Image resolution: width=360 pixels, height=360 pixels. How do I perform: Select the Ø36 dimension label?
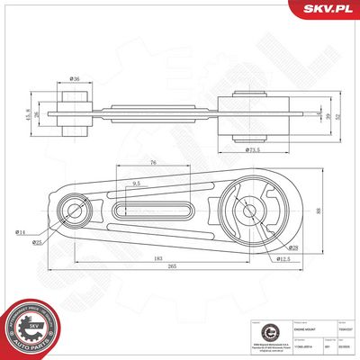point(75,78)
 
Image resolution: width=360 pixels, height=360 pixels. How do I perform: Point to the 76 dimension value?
point(155,163)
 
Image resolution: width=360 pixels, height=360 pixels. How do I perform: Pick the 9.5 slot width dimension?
point(136,184)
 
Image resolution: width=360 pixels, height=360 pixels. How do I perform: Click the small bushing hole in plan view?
point(72,212)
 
